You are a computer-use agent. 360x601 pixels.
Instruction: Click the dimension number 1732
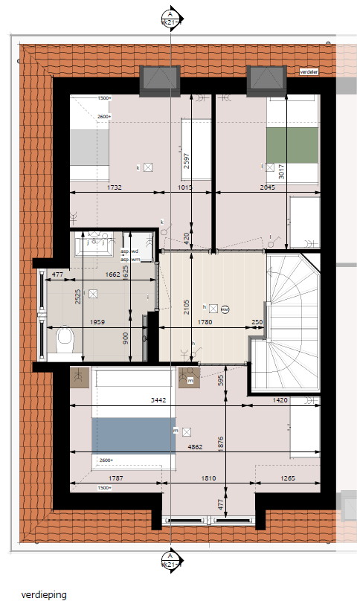click(x=114, y=187)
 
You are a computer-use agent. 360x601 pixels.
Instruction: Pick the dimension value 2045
click(x=267, y=187)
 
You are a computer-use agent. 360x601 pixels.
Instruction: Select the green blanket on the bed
click(x=292, y=145)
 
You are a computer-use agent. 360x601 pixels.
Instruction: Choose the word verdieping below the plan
click(x=44, y=594)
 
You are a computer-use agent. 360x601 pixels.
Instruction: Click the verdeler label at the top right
click(x=309, y=72)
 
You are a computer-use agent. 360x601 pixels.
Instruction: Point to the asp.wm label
click(x=130, y=259)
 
